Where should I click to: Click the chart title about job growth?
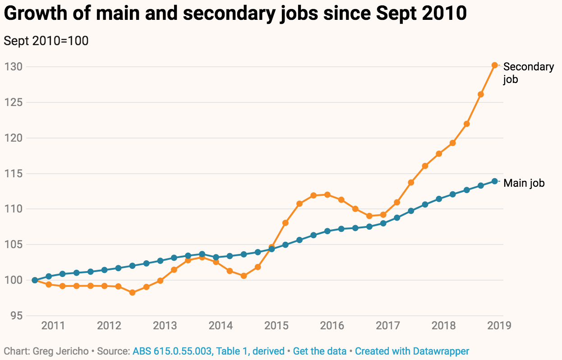point(235,14)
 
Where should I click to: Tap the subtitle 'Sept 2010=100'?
point(46,41)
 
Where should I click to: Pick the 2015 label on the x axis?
point(276,326)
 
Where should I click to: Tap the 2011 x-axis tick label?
point(53,326)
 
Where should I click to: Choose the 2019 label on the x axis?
point(499,326)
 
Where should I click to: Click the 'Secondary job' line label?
point(528,73)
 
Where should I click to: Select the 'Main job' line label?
point(524,183)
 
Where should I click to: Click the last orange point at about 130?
point(494,65)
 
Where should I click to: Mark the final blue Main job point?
point(494,181)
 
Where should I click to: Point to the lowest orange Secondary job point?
point(132,292)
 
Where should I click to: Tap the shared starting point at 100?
point(35,280)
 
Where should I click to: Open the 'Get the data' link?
point(319,351)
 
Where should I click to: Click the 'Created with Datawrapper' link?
point(412,351)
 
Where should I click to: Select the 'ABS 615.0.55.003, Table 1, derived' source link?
point(208,351)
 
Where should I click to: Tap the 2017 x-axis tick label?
point(387,326)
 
